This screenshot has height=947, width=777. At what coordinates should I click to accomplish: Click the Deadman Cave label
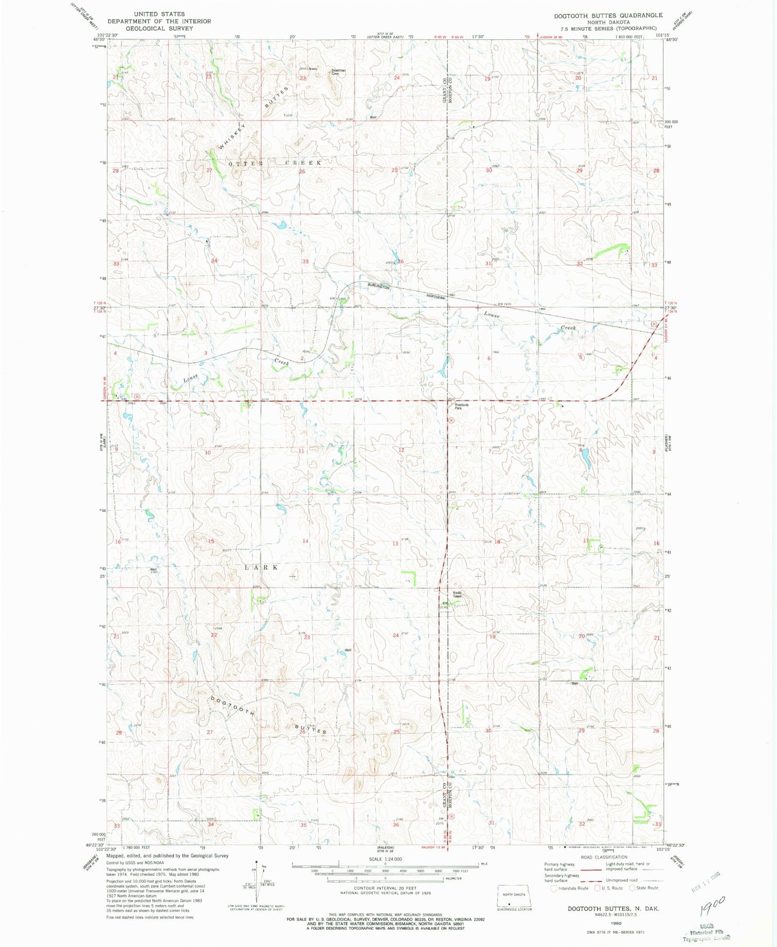click(338, 72)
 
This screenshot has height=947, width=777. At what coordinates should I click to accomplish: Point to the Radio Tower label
click(457, 595)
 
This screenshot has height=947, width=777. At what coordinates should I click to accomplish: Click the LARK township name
click(262, 568)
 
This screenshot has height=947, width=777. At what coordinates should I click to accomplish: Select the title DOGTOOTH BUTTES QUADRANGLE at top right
click(608, 16)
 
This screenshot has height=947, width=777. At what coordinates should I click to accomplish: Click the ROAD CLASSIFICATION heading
click(604, 857)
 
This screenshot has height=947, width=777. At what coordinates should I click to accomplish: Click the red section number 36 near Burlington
click(401, 262)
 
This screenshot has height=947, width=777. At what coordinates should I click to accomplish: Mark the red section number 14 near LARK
click(305, 541)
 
